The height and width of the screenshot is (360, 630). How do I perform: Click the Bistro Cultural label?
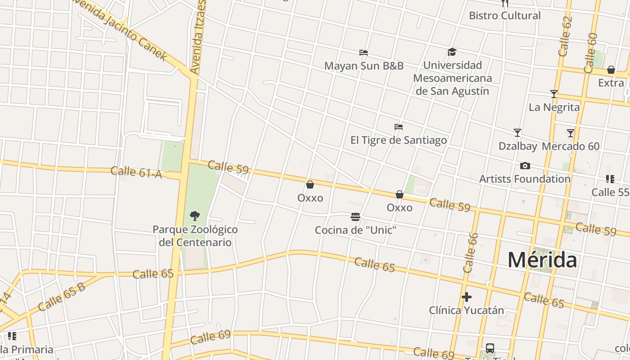504,16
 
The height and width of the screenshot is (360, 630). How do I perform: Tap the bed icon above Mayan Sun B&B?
364,53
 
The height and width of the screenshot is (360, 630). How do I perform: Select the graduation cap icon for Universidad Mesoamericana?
452,52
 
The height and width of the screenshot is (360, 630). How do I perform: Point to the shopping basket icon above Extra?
611,70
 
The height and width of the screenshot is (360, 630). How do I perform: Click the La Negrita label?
554,107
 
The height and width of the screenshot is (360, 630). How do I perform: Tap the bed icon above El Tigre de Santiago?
398,127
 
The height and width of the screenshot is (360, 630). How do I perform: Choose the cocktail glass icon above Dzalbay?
517,133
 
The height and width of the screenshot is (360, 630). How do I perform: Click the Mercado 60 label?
571,146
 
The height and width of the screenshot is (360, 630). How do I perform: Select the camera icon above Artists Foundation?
525,166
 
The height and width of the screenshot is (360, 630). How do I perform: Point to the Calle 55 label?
610,192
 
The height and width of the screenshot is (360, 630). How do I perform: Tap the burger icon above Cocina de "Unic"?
355,217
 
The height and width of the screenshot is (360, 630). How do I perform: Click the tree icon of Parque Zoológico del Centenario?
195,216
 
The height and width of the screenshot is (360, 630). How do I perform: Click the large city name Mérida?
542,260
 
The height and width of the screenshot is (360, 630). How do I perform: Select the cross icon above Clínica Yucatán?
467,297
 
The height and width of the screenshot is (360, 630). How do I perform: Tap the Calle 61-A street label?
136,172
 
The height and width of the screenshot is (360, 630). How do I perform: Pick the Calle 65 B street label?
61,297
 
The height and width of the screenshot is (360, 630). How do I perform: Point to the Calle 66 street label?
470,252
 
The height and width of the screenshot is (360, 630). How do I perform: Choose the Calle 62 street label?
565,37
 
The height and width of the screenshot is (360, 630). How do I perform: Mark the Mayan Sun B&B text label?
364,66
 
